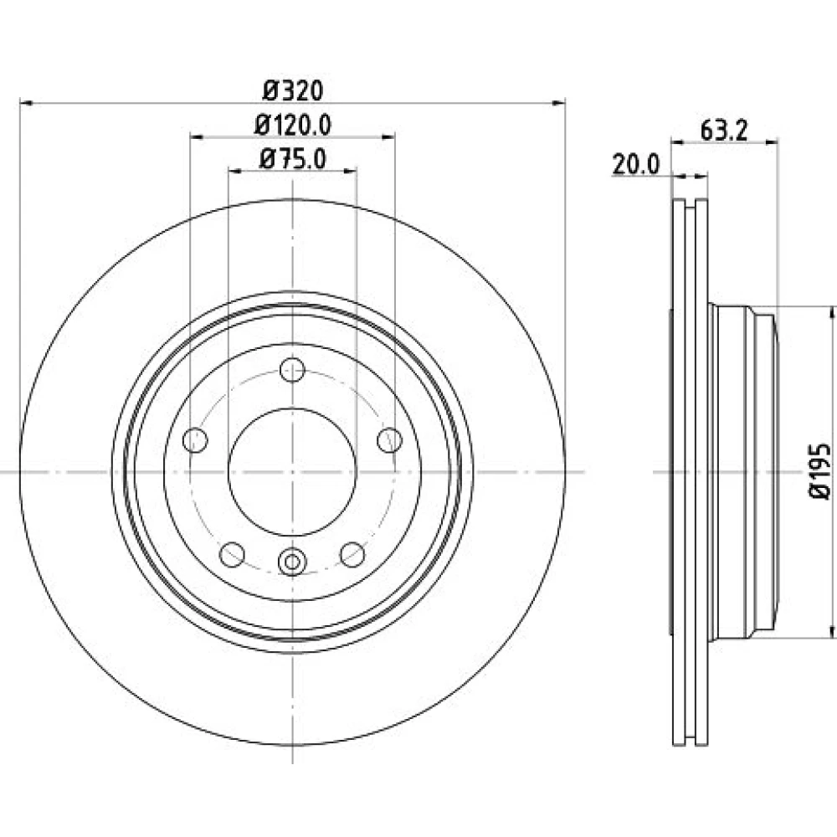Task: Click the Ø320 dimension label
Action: coord(293,90)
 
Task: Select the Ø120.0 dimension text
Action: coord(293,125)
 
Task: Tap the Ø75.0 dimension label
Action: coord(293,158)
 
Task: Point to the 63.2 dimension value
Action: coord(724,131)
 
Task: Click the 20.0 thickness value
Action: coord(636,164)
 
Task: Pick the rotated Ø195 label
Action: coord(820,471)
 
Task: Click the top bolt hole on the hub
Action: coord(292,369)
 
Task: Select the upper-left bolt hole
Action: coord(195,440)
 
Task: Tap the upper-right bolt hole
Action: coord(390,440)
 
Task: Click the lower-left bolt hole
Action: coord(232,555)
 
